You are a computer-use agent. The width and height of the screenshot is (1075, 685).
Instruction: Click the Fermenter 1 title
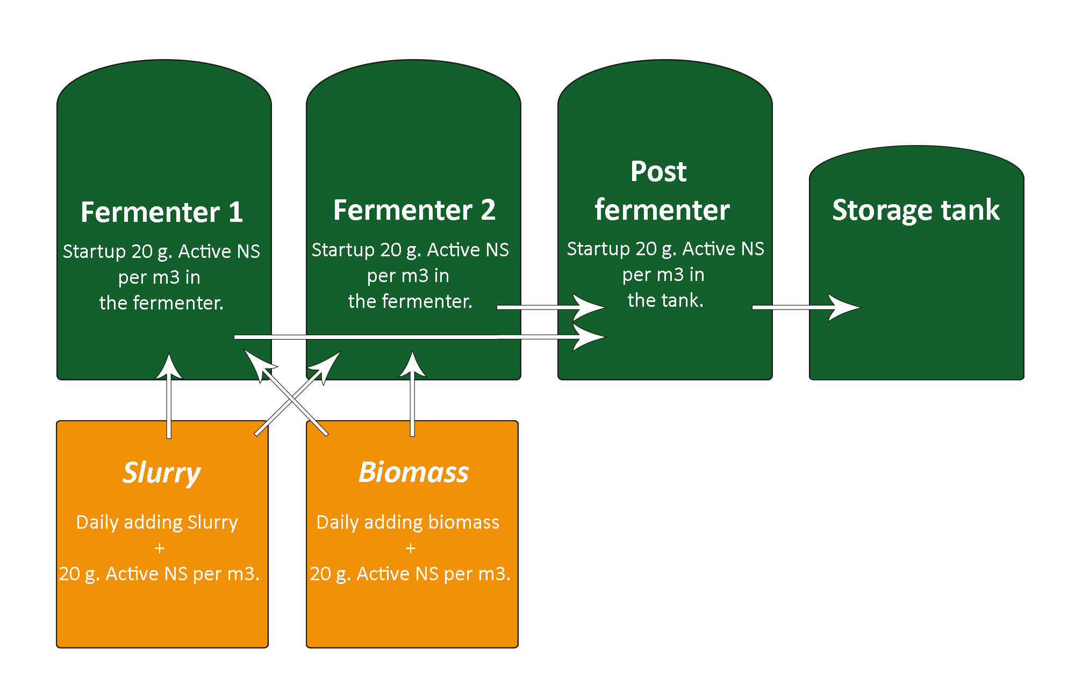pos(162,212)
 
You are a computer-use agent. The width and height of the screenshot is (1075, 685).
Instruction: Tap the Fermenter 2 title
pos(414,210)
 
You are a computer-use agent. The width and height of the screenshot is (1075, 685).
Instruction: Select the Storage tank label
pos(916,210)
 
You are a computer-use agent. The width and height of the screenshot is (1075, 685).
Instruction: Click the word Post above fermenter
pos(658,172)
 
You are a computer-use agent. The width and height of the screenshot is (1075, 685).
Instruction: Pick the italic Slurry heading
pos(161,473)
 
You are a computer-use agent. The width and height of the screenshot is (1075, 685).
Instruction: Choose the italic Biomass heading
pos(413,472)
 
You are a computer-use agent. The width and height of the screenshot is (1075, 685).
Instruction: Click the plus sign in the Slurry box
pos(159,548)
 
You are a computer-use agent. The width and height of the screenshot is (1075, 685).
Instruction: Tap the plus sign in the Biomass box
pos(411,548)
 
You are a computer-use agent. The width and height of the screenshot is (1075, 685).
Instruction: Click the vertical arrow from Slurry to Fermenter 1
pos(169,395)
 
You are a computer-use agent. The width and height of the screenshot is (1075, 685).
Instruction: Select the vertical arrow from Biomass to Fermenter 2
pos(412,394)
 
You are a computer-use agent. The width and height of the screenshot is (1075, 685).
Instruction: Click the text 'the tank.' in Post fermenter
pos(665,300)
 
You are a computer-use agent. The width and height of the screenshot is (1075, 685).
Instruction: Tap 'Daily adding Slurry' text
pos(157,522)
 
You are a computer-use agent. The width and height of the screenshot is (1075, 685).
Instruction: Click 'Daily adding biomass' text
pos(408,522)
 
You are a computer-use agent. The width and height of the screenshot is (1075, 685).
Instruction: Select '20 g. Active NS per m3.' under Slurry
pos(159,574)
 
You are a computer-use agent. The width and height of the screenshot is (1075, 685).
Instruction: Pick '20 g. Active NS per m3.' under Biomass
pos(410,574)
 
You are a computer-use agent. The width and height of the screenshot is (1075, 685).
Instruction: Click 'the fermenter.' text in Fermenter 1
pos(161,303)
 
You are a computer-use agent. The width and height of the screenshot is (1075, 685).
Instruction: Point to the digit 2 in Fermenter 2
pos(488,210)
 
